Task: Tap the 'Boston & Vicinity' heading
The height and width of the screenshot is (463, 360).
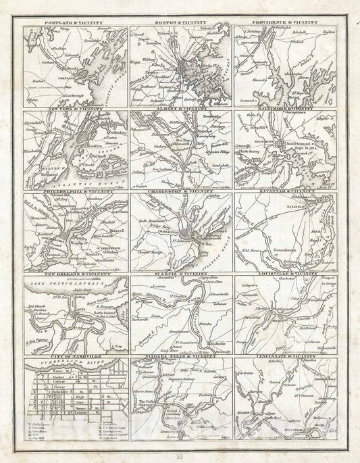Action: pyautogui.click(x=180, y=24)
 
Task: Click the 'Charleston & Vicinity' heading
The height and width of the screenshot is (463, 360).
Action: pyautogui.click(x=180, y=192)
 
